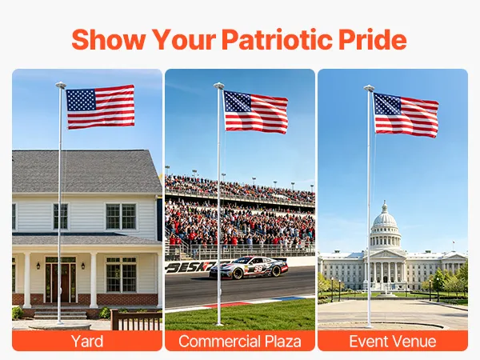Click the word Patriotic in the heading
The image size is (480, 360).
pos(277,39)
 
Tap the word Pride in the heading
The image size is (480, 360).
pos(373,39)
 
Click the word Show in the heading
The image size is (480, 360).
pos(108,39)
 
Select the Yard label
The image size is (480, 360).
pos(87,341)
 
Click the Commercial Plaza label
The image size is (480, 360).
pos(240,341)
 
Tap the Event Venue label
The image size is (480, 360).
pos(393,341)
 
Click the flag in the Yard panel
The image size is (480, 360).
pos(101,107)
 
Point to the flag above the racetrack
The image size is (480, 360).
pos(256,112)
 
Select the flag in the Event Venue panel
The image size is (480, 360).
pos(406,115)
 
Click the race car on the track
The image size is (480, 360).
pos(249,267)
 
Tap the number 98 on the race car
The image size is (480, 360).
pos(258,269)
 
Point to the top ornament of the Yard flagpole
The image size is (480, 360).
pos(61,86)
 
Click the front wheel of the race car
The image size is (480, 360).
pos(238,274)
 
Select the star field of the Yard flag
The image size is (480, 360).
pos(82,100)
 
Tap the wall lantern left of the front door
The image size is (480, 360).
pos(38,266)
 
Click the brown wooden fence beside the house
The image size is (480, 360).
pos(136,320)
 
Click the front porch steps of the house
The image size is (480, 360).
pos(60,314)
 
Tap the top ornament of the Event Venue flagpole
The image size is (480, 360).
pos(369,88)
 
